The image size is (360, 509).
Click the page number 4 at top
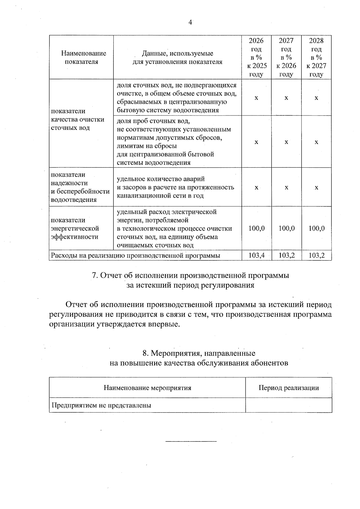190,22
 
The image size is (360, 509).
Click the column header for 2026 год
256,57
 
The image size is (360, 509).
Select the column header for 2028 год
316,57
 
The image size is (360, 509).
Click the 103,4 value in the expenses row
256,256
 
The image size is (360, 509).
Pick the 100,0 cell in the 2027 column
286,228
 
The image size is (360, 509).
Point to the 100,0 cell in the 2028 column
316,228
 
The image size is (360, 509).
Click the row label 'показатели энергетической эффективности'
75,228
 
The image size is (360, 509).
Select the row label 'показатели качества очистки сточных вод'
77,119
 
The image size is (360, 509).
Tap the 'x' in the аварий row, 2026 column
256,187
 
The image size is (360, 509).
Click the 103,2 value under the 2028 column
316,256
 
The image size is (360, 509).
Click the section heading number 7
94,275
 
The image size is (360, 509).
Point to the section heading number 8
145,353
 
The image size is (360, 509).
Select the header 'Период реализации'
289,388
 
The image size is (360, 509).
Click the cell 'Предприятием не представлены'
101,406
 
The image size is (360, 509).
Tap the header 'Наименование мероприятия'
147,388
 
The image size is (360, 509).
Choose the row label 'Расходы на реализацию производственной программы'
136,256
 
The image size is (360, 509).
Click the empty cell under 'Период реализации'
289,405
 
